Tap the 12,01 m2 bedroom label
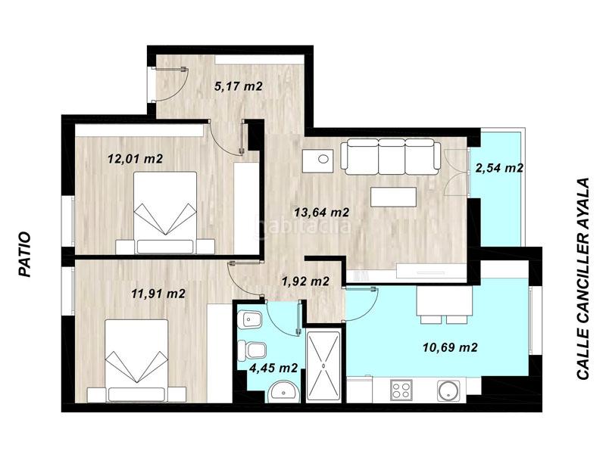click(135, 159)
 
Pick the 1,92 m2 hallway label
click(305, 281)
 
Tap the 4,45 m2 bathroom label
click(273, 368)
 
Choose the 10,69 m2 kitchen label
click(449, 348)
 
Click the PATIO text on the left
click(24, 254)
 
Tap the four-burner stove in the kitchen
click(401, 390)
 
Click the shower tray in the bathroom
click(323, 365)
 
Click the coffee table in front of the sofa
click(393, 197)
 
